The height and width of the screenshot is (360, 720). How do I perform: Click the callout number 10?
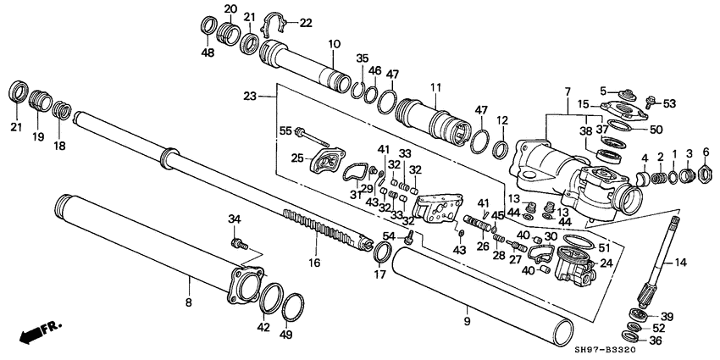tap(334, 43)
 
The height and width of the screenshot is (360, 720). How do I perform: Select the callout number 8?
tap(188, 302)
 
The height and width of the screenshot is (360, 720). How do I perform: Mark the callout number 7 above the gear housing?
tap(568, 91)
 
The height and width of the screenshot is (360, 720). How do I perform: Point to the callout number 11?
tap(435, 87)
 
